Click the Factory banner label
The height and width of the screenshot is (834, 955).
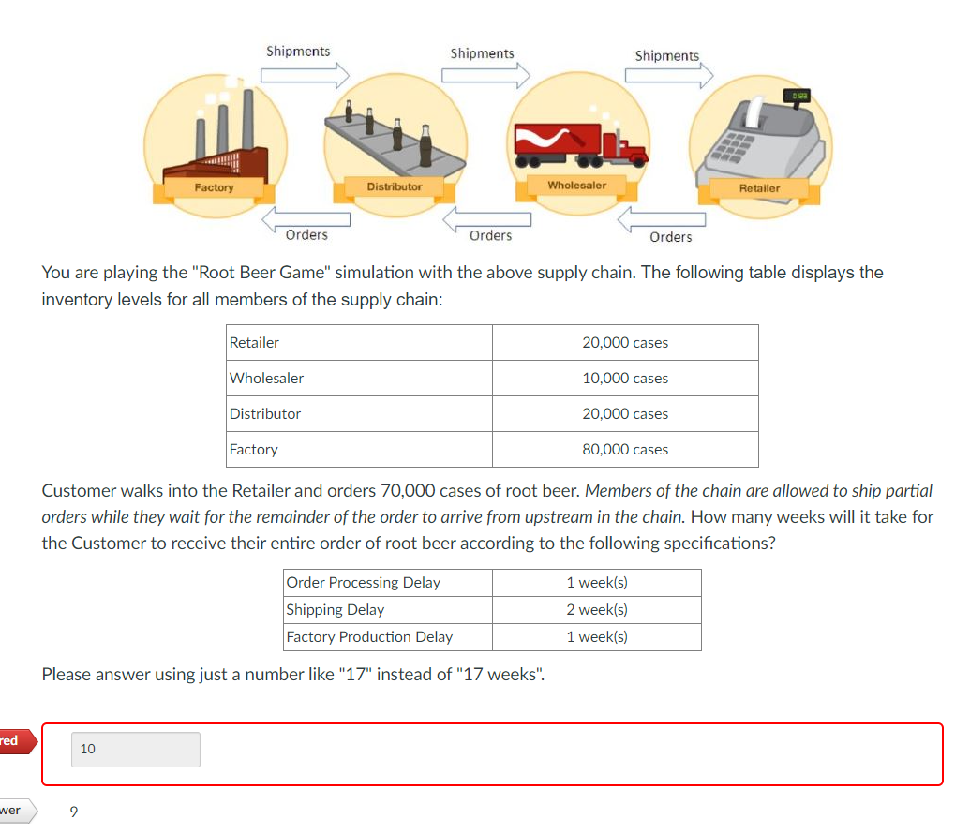tap(215, 188)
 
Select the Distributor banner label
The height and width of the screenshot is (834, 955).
tap(395, 187)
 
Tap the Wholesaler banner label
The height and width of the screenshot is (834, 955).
tap(576, 186)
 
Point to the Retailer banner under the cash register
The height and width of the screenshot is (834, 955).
tap(759, 188)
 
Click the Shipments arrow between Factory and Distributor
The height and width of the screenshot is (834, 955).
tap(305, 73)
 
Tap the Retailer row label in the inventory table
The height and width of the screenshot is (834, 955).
tap(255, 343)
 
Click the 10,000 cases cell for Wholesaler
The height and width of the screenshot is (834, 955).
tap(625, 379)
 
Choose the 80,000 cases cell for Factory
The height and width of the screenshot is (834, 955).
tap(625, 450)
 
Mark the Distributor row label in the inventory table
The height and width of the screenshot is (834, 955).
tap(266, 414)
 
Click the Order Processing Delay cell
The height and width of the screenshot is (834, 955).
tap(364, 583)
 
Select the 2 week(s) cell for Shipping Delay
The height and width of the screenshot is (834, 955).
tap(597, 610)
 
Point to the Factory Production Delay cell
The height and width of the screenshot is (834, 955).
tap(369, 637)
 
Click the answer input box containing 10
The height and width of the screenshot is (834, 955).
tap(135, 750)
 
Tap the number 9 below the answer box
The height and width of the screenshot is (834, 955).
tap(75, 812)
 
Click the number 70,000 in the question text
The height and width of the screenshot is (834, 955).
tap(410, 490)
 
